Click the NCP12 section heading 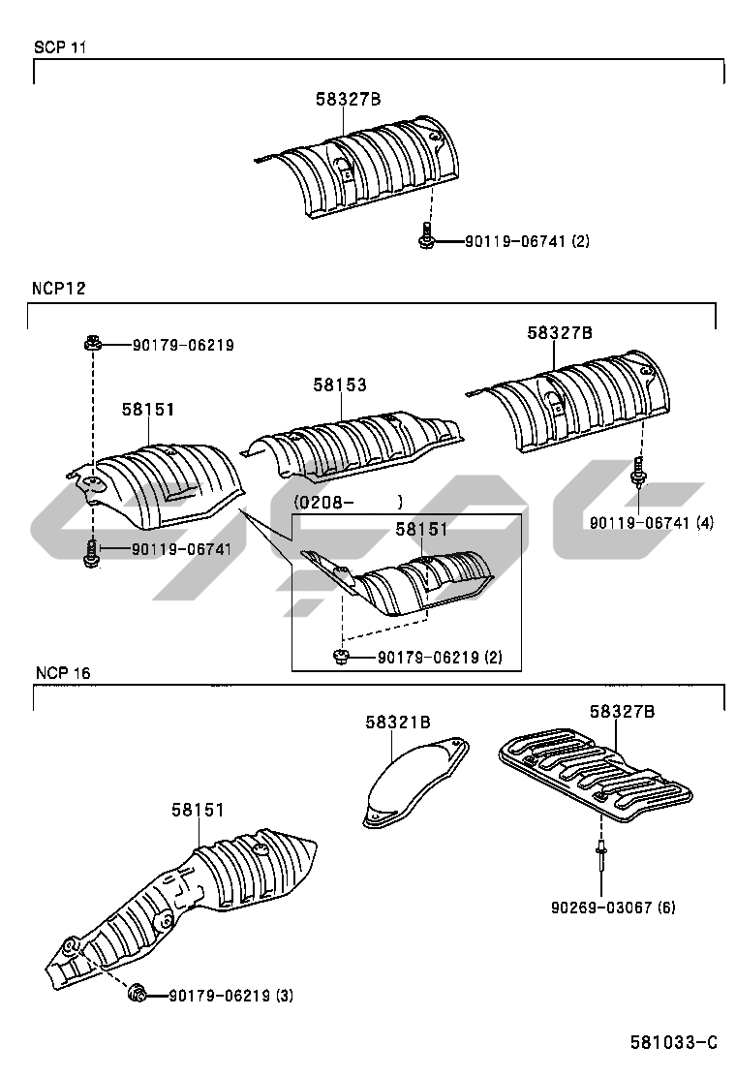pyautogui.click(x=59, y=289)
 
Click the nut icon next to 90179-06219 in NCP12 pyautogui.click(x=93, y=343)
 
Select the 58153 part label pyautogui.click(x=339, y=385)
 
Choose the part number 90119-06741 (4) pyautogui.click(x=651, y=522)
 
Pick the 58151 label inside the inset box pyautogui.click(x=421, y=529)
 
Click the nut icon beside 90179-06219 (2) pyautogui.click(x=341, y=657)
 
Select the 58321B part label pyautogui.click(x=397, y=722)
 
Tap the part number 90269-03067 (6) pyautogui.click(x=612, y=908)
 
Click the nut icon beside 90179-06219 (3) pyautogui.click(x=138, y=993)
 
